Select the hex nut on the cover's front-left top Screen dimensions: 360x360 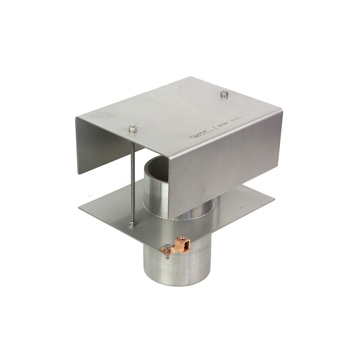132,129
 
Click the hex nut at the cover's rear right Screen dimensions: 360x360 223,94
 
